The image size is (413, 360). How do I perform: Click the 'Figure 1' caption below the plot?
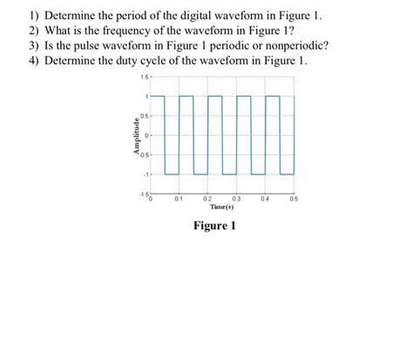coord(213,226)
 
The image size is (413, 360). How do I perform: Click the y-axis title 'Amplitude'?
coord(134,136)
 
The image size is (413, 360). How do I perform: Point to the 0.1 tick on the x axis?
coord(179,200)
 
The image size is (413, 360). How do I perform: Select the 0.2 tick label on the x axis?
coord(206,200)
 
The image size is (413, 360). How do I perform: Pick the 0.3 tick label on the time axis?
coord(235,200)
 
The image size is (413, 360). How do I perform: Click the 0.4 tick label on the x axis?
coord(265,200)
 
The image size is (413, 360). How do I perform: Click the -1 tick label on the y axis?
coord(146,175)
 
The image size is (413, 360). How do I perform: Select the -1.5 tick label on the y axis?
coord(142,194)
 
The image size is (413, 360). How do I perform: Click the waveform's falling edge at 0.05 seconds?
coord(165,135)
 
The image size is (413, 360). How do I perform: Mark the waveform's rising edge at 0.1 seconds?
coord(179,135)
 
